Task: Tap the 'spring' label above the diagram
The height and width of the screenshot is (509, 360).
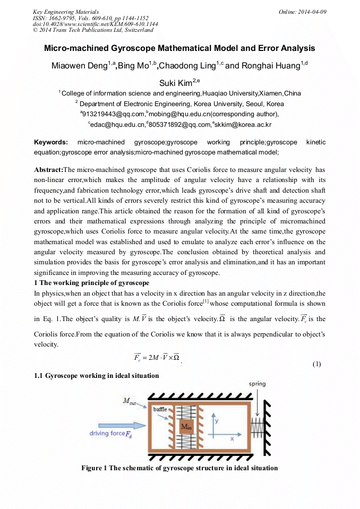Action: pos(257,384)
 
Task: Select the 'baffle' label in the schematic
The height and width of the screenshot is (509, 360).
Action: pos(160,409)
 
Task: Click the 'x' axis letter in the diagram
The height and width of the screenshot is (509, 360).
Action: pos(232,439)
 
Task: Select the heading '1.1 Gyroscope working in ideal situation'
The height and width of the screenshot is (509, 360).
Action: pos(96,376)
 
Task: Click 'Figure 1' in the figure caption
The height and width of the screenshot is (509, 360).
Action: pos(94,468)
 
